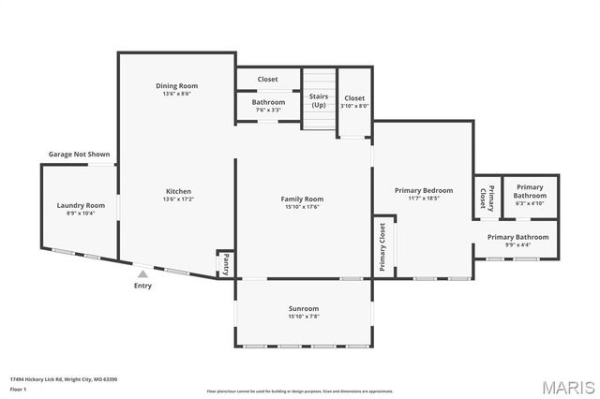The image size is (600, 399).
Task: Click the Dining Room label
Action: [176, 86]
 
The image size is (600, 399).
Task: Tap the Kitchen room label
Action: [176, 191]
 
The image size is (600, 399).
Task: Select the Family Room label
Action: [302, 199]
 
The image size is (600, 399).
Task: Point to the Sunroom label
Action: [303, 308]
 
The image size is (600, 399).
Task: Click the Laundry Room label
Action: [81, 205]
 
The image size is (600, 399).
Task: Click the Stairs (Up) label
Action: [319, 99]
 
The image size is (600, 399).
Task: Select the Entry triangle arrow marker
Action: [142, 274]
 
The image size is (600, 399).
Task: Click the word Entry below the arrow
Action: [142, 286]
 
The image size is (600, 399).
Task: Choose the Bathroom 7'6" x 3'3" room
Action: [268, 106]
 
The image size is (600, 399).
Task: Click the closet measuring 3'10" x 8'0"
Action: [354, 101]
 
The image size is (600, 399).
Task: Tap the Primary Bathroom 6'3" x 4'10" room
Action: [529, 194]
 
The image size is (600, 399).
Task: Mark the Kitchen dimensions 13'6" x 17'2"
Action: [176, 199]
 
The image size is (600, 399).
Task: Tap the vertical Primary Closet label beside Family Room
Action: [382, 246]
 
